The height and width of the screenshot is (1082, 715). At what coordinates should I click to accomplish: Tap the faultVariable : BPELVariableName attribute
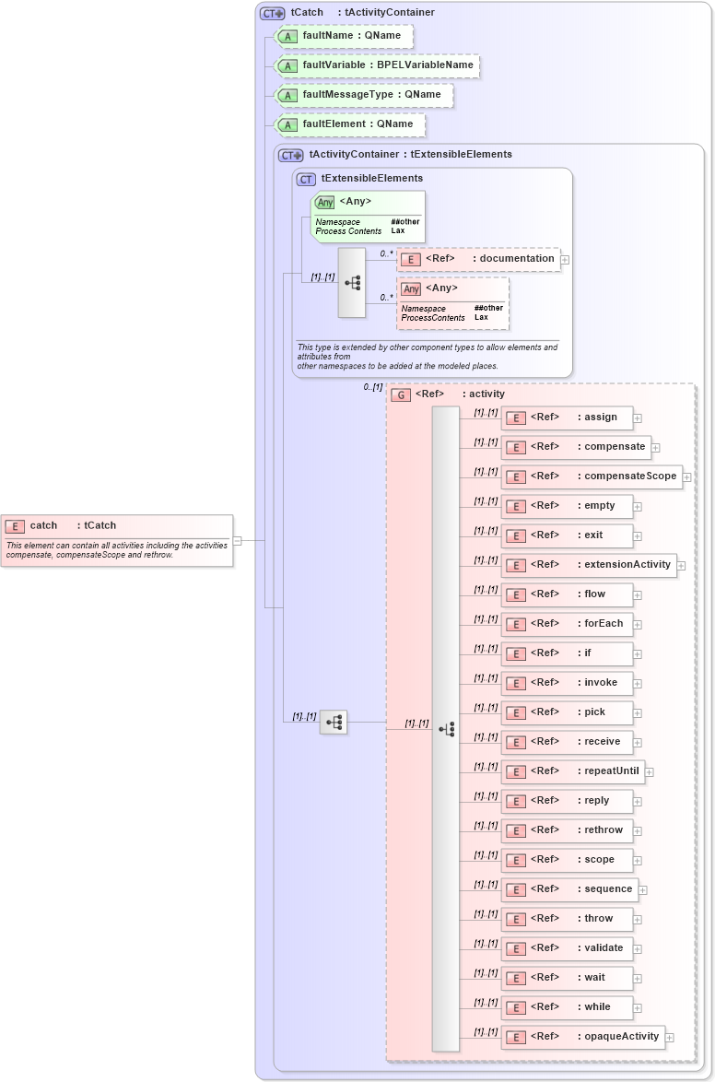coord(378,65)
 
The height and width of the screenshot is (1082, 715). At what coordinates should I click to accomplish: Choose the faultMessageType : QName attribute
coord(365,95)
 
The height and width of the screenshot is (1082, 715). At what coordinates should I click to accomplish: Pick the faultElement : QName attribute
coord(351,124)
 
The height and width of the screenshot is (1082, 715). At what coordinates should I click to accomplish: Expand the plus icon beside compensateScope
coord(686,477)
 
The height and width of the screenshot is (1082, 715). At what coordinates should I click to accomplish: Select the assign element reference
coord(567,418)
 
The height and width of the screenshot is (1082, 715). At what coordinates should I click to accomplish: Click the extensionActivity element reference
coord(589,565)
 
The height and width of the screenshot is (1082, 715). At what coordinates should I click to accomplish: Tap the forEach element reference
coord(567,624)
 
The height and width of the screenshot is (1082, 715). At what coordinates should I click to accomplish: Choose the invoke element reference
coord(567,683)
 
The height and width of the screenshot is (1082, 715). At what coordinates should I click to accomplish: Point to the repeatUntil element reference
coord(572,771)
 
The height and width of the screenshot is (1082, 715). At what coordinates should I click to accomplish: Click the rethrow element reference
coord(567,830)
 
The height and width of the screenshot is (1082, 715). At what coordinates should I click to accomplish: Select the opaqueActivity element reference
coord(583,1037)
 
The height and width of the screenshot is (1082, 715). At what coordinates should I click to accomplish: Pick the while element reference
coord(567,1007)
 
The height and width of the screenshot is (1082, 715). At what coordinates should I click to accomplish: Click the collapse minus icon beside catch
coord(237,541)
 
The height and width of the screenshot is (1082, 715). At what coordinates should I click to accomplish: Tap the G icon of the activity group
coord(401,394)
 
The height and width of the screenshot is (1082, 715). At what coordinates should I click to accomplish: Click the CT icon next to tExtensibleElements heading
coord(306,179)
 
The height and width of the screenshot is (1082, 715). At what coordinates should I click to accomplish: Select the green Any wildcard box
coord(369,217)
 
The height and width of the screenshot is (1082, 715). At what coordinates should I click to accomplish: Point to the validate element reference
coord(567,948)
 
